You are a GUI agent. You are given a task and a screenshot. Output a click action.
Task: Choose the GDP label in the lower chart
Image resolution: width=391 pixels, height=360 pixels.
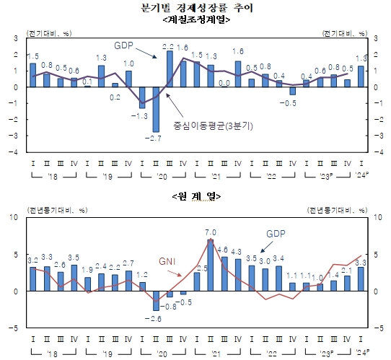(x=277, y=234)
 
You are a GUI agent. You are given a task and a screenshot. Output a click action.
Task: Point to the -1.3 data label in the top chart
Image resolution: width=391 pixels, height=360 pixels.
(x=142, y=114)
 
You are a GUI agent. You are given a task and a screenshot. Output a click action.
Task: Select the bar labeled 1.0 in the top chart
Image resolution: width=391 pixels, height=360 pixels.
(x=128, y=79)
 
